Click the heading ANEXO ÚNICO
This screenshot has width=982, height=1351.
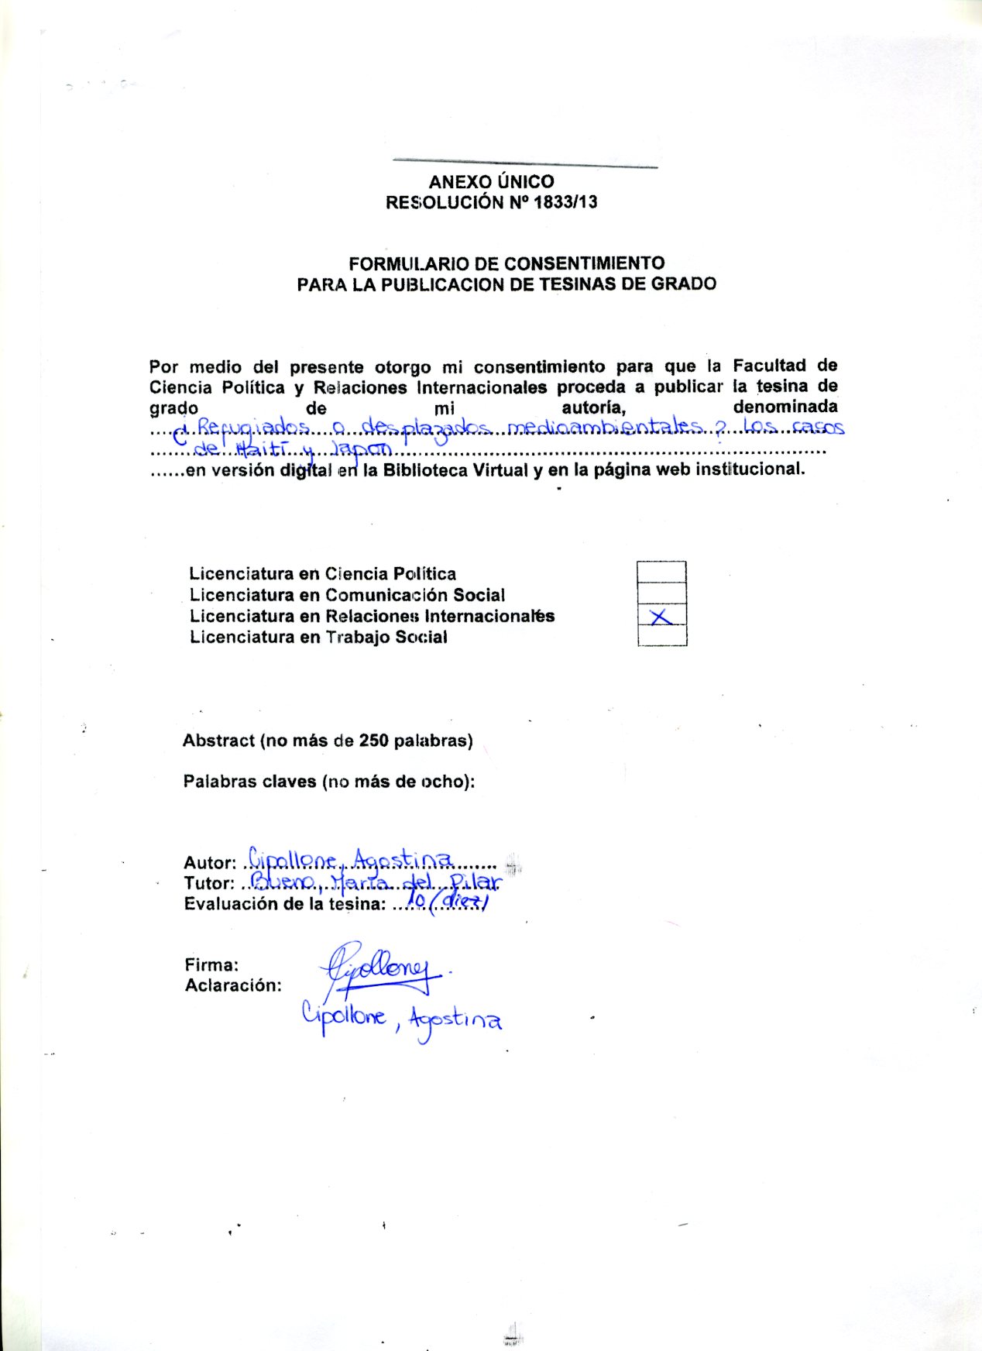(491, 182)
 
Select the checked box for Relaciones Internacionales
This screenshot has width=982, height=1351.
(661, 616)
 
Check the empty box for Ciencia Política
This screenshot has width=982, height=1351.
(661, 572)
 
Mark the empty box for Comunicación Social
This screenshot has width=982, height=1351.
(661, 594)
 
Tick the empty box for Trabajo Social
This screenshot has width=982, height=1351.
(661, 636)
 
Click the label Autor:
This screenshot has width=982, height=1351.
(209, 863)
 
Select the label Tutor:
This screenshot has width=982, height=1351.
(208, 884)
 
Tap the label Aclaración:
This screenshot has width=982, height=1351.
(232, 986)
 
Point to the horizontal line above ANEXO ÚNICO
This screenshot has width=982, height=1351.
(525, 163)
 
